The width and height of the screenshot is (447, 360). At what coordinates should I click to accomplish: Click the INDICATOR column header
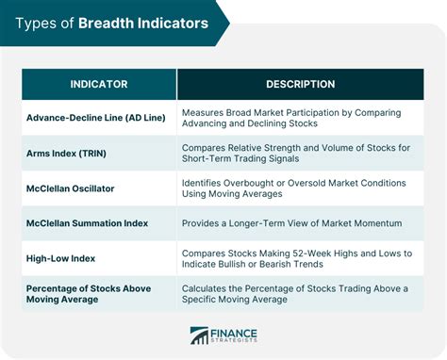(99, 85)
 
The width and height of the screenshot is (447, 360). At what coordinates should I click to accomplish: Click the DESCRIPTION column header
(301, 85)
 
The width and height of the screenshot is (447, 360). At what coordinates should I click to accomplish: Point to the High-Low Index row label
(61, 257)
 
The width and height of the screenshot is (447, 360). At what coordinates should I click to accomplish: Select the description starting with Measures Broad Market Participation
(292, 119)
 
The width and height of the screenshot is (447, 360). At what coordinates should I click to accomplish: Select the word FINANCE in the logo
(235, 331)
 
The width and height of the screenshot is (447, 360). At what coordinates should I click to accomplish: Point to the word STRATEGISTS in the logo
(236, 343)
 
